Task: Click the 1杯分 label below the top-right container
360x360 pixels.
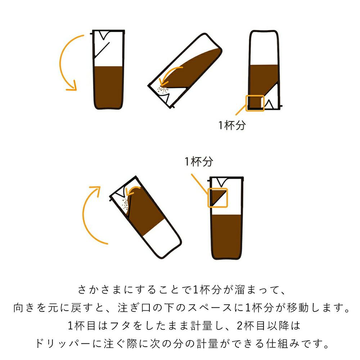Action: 232,125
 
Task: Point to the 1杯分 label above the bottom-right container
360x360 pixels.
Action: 199,161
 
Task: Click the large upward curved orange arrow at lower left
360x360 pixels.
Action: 84,216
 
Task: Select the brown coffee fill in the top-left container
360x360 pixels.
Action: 108,87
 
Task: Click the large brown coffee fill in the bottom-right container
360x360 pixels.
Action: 226,237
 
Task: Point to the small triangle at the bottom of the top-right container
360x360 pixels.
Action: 269,104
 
